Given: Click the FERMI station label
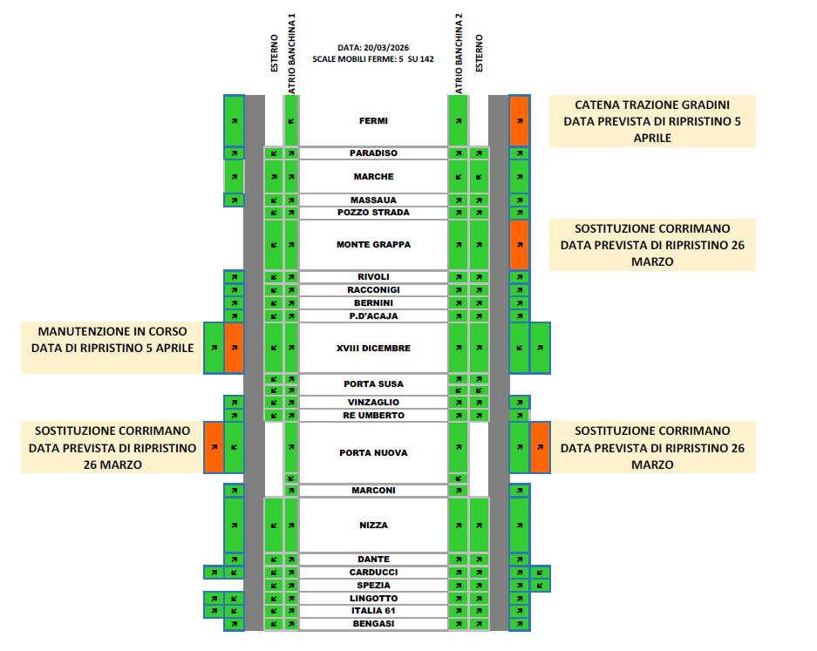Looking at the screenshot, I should [x=373, y=121].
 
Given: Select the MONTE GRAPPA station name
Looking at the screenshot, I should [x=373, y=245].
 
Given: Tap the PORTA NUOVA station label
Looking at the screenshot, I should [x=373, y=453].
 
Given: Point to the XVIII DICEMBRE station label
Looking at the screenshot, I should [x=373, y=349].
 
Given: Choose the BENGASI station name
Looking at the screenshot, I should [x=373, y=624].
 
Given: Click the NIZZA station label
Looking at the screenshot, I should [x=373, y=526].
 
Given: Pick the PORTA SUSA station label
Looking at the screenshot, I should [x=373, y=384].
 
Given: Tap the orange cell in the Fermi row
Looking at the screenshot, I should [x=519, y=121].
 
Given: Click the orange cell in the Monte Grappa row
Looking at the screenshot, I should [x=519, y=245].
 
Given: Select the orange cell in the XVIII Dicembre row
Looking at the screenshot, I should [x=234, y=348].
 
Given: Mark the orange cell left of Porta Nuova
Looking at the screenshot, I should [x=214, y=447].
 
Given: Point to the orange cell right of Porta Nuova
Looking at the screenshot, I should [x=541, y=447].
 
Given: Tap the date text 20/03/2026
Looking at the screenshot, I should [x=390, y=47].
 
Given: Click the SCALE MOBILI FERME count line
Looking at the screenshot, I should [x=373, y=59].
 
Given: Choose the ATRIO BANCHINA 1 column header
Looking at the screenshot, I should [x=293, y=54].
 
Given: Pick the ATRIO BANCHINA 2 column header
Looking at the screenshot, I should [x=459, y=54].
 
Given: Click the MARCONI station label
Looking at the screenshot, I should [x=373, y=491].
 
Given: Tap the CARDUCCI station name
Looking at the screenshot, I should [x=373, y=573].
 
